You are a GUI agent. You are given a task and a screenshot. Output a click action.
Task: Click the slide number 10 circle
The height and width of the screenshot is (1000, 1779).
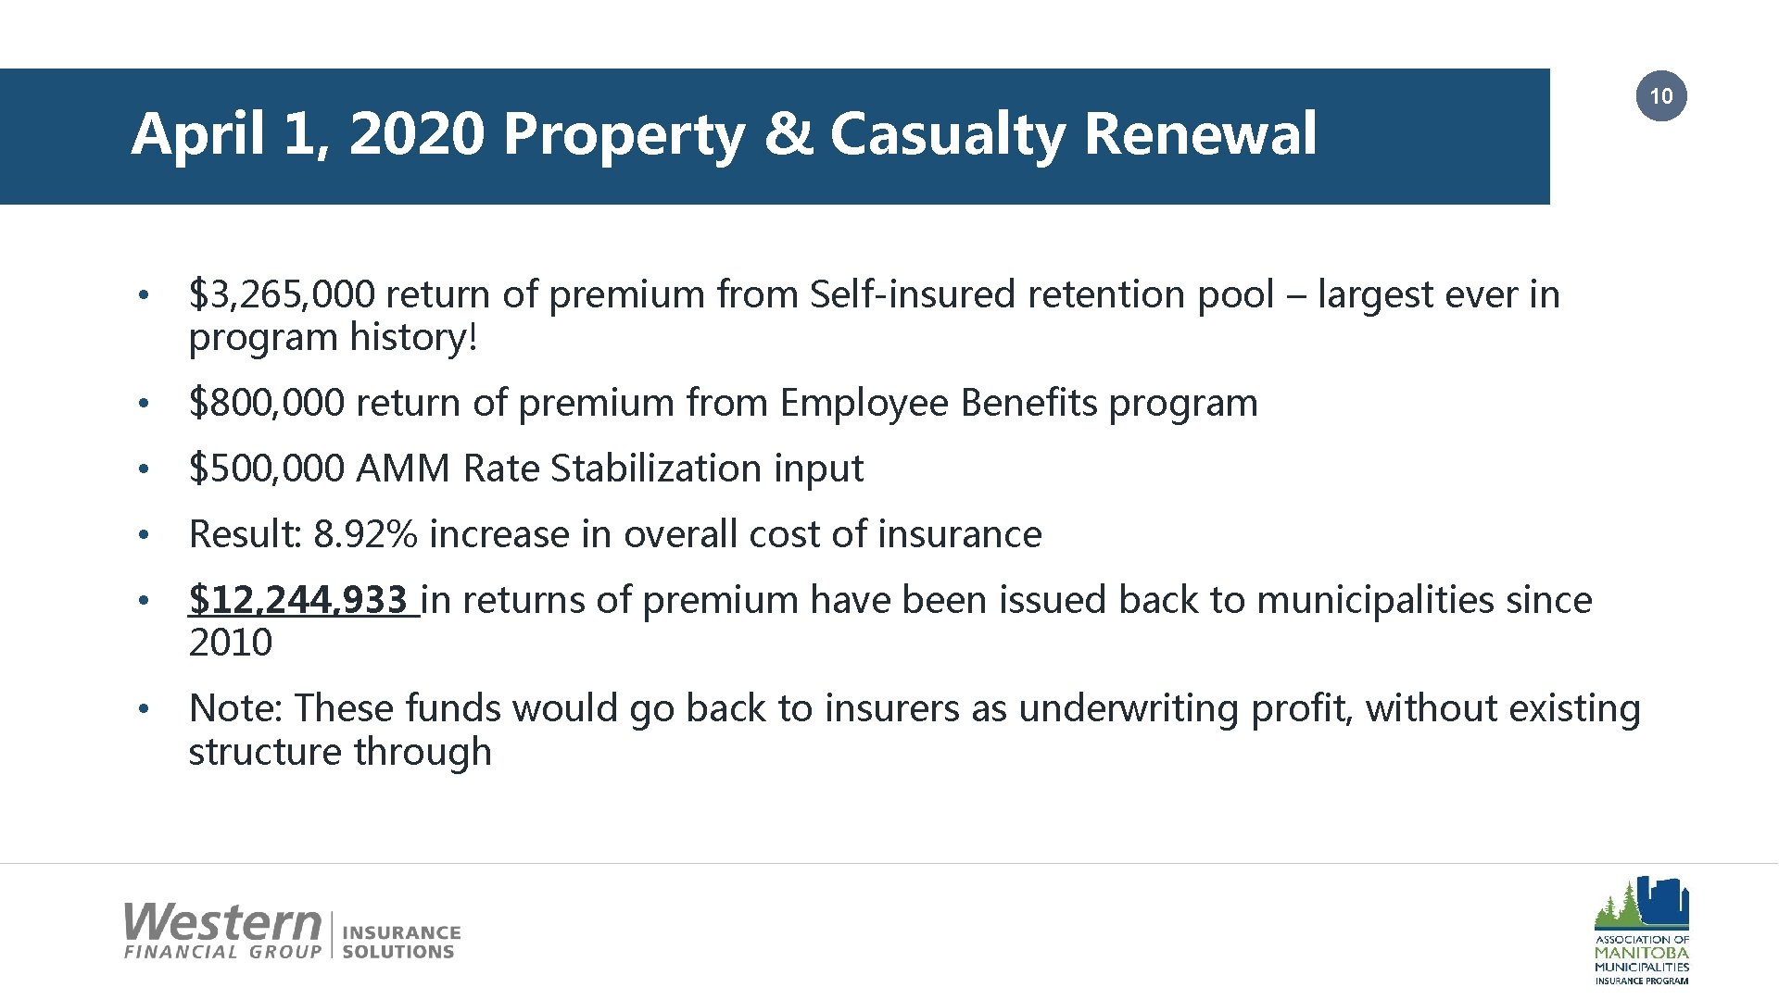pyautogui.click(x=1661, y=96)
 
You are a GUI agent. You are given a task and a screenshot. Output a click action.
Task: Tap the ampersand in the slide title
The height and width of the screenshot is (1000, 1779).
pyautogui.click(x=788, y=134)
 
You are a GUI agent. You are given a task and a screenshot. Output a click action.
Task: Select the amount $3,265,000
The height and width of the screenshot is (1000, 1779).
pyautogui.click(x=282, y=295)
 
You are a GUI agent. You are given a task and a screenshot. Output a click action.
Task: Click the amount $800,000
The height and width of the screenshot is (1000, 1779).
pyautogui.click(x=267, y=404)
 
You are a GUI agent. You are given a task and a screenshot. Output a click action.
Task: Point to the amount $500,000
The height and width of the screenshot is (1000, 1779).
pyautogui.click(x=267, y=469)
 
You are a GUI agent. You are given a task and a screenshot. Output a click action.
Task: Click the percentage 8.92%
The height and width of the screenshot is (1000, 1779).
pyautogui.click(x=366, y=535)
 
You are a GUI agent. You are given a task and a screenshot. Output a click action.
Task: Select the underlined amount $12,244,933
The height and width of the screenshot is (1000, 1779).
pyautogui.click(x=298, y=601)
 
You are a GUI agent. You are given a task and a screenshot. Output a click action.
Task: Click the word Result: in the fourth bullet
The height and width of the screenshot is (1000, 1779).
pyautogui.click(x=246, y=535)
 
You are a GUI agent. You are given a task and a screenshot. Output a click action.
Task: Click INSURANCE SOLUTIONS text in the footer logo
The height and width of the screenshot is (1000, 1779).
pyautogui.click(x=400, y=942)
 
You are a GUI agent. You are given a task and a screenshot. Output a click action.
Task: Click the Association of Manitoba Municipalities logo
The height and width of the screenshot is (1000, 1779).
pyautogui.click(x=1641, y=930)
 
